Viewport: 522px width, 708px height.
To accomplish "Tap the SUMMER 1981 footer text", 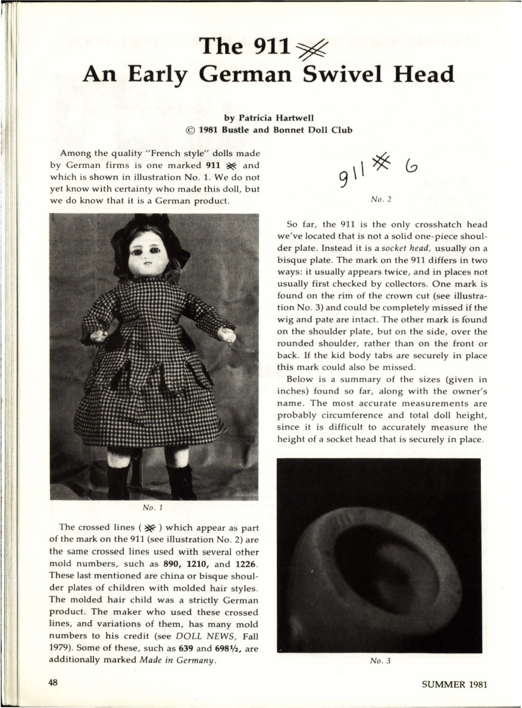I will click(x=454, y=684).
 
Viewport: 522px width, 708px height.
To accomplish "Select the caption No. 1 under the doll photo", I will click(x=153, y=508).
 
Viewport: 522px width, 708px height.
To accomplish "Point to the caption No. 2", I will click(x=381, y=199).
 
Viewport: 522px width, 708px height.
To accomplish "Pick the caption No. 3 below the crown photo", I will click(x=380, y=661).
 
